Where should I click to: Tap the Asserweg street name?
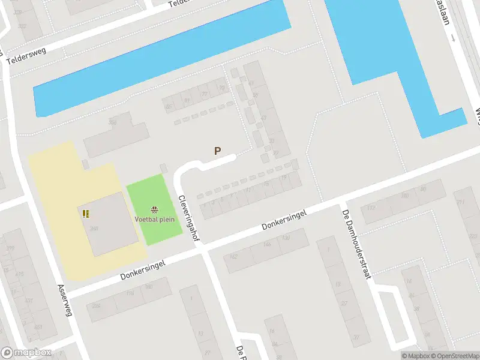coord(65,301)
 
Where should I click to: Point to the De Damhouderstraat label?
coord(358,244)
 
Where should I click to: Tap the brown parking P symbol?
coord(217,152)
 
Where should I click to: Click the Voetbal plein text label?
coord(155,219)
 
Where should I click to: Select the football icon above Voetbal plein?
coord(155,209)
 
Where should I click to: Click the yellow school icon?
coord(86,213)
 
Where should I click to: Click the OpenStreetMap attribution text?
coord(453,356)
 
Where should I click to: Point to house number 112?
coord(370,208)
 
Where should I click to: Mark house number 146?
coord(266,245)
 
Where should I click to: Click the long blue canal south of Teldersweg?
coord(162,60)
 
